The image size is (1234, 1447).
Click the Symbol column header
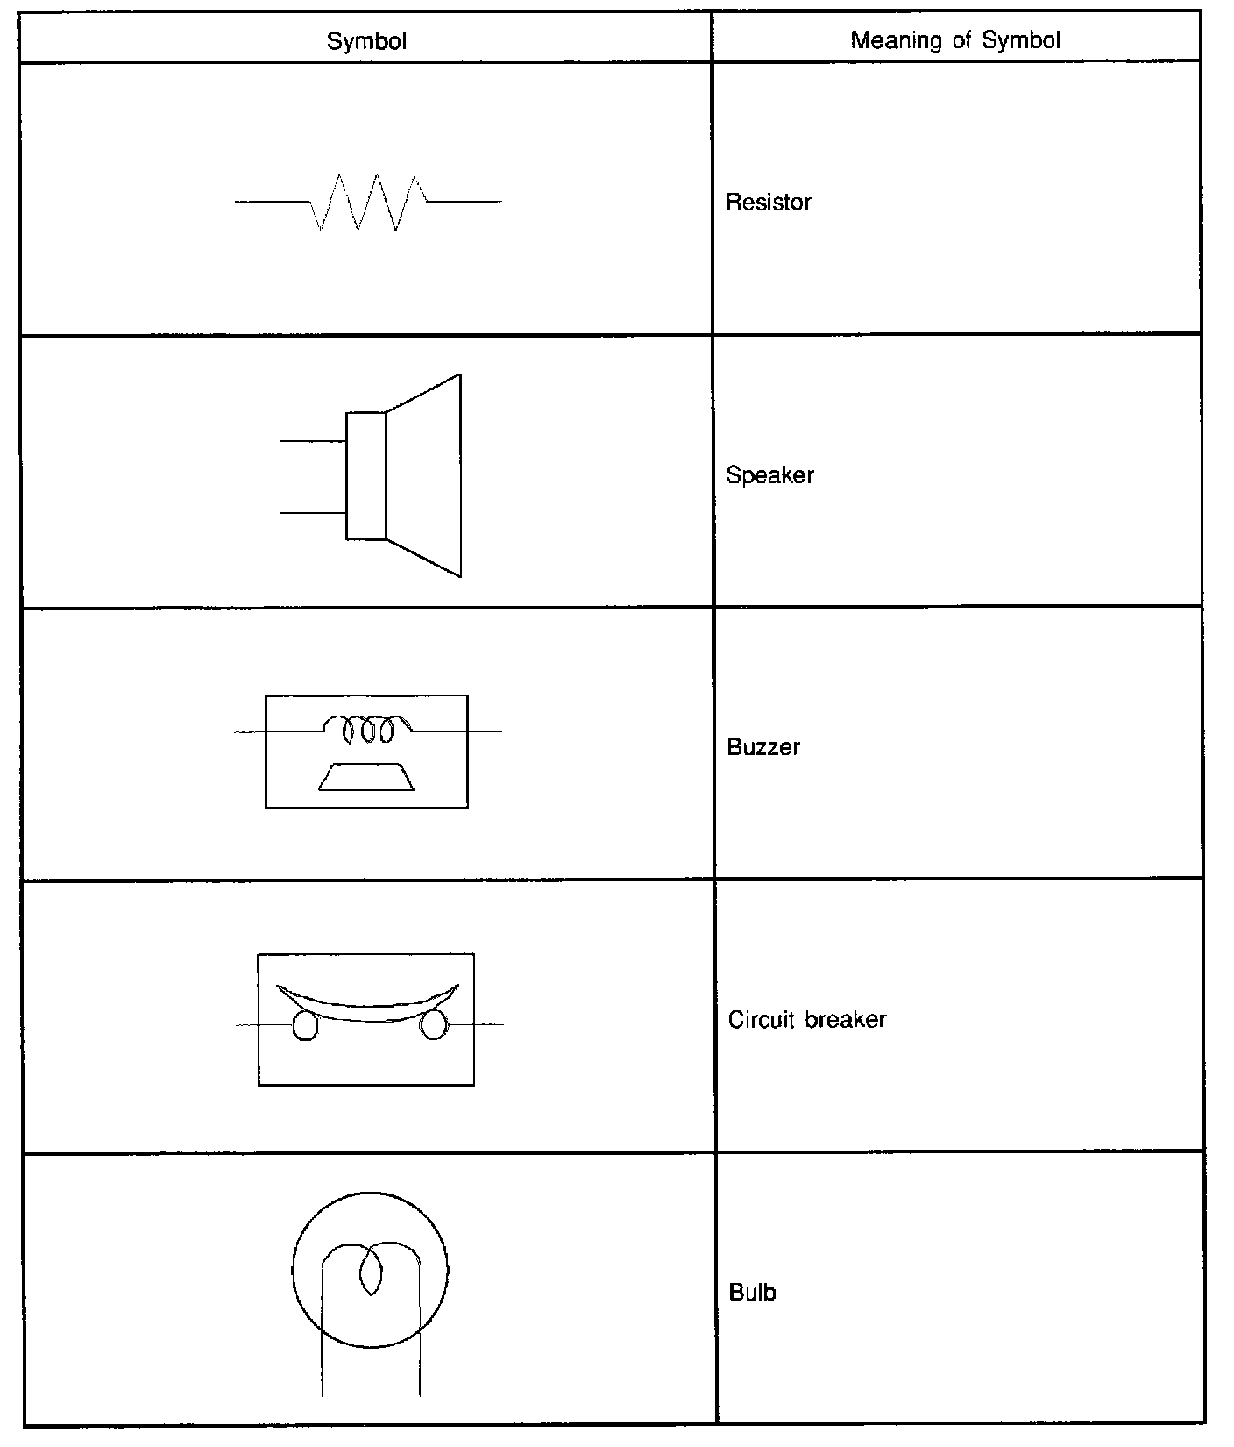point(366,41)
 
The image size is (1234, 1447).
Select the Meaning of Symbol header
point(955,40)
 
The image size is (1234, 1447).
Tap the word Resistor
point(769,203)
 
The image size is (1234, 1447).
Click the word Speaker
point(769,475)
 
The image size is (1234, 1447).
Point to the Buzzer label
point(763,747)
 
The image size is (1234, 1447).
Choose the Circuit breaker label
point(807,1020)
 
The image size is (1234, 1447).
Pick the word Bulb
point(752,1293)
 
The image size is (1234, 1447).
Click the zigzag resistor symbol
point(368,203)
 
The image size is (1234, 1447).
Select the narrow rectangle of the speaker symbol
point(365,475)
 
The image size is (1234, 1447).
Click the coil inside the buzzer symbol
point(367,729)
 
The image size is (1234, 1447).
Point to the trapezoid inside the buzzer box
point(367,776)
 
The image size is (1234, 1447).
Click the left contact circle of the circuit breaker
point(303,1026)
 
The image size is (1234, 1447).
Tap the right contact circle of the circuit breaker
point(433,1025)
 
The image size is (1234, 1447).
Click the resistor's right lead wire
point(465,202)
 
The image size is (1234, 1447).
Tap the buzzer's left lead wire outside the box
point(250,731)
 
